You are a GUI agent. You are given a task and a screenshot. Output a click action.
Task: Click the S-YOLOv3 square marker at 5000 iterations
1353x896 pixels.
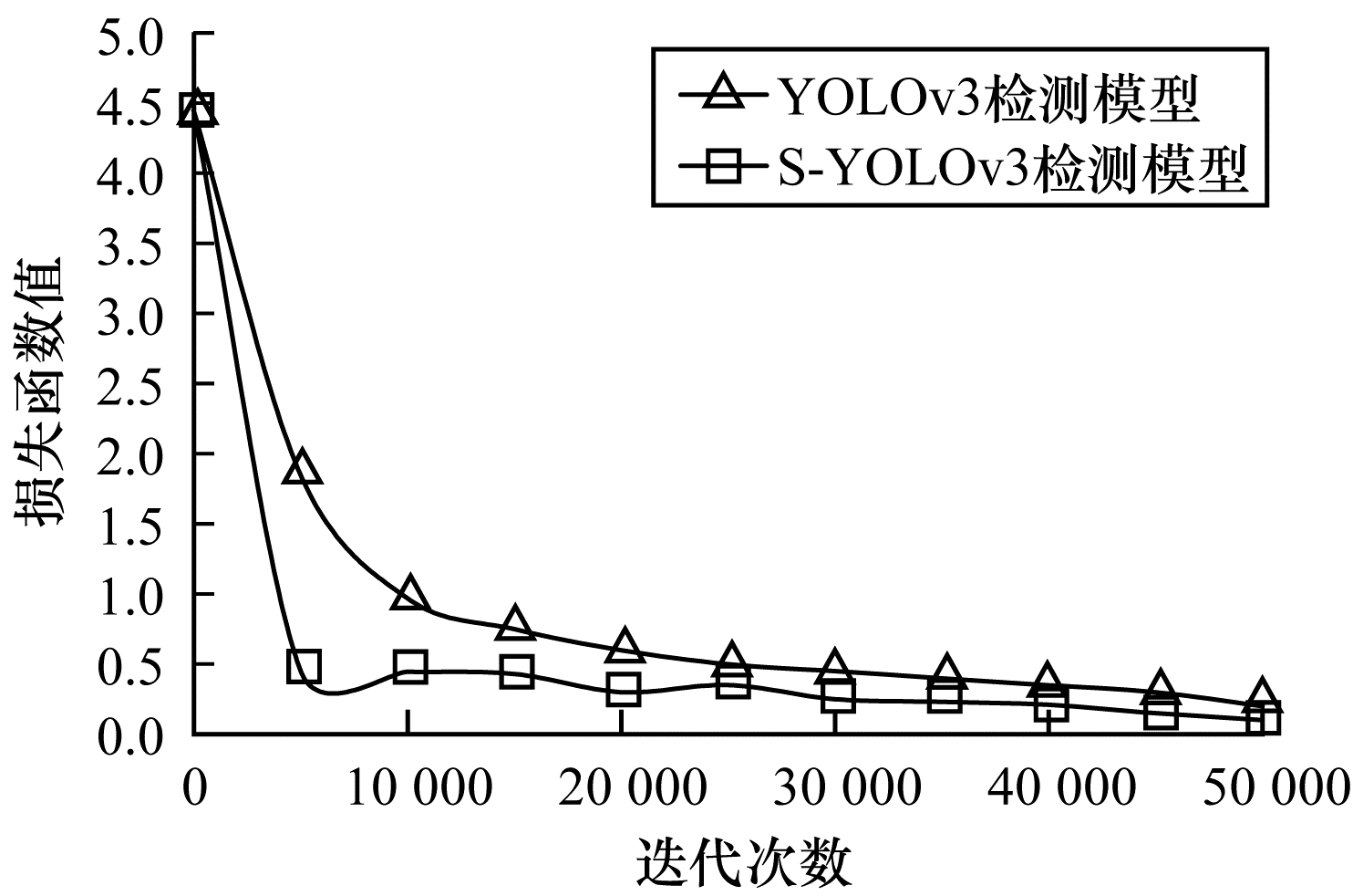pos(304,667)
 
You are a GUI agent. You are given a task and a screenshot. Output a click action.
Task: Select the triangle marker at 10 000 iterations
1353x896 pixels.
pos(409,594)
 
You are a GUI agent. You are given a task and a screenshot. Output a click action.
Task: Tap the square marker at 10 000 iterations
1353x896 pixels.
pos(410,667)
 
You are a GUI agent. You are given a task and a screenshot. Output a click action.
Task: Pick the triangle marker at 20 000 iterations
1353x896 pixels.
pos(625,646)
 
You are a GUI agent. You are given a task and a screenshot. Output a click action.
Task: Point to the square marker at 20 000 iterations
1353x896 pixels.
pos(624,689)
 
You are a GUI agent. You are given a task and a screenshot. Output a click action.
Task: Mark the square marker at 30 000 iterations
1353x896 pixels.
pos(837,697)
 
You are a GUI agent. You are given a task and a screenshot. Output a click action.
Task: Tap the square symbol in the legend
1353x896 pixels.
pos(728,169)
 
